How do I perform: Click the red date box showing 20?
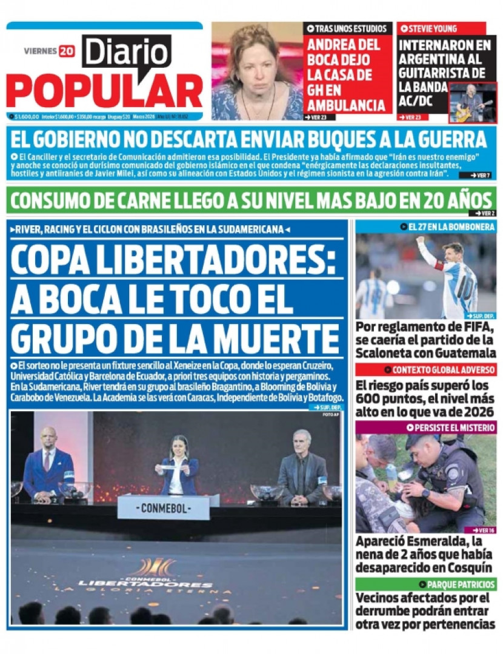(67, 51)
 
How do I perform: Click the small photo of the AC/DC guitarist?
(473, 103)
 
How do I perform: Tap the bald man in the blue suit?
(48, 463)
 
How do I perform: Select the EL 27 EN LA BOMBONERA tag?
(448, 227)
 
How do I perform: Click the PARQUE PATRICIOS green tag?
(461, 585)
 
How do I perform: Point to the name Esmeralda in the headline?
(436, 542)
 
